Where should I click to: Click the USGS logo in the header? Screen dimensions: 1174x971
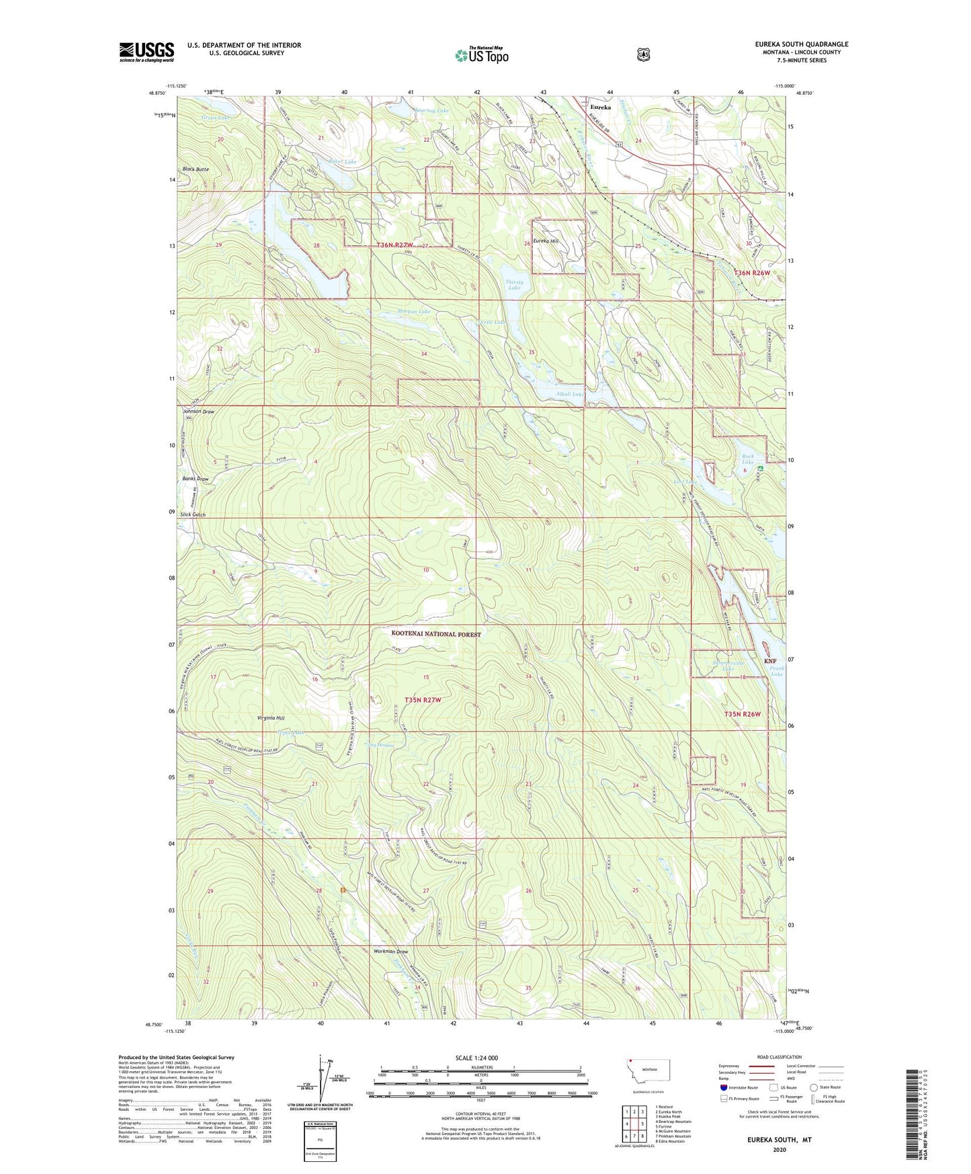tap(146, 52)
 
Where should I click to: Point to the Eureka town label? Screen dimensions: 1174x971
tap(600, 107)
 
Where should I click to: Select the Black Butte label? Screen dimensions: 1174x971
tap(196, 169)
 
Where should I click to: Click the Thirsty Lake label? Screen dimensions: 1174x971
tap(514, 285)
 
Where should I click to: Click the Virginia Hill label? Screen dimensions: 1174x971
tap(271, 718)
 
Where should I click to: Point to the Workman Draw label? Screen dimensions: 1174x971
tap(390, 951)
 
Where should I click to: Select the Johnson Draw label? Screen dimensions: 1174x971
tap(198, 412)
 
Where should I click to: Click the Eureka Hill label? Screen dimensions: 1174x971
tap(545, 241)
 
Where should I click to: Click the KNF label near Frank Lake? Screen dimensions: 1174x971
tap(770, 661)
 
